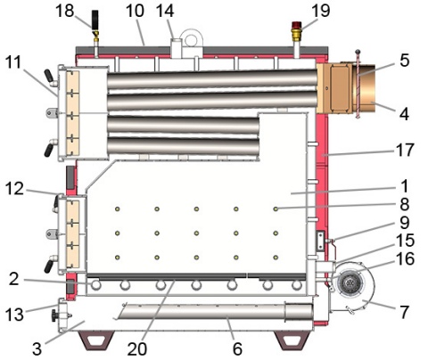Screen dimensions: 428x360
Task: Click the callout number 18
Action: [x=65, y=11]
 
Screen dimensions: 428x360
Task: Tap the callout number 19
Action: [x=321, y=11]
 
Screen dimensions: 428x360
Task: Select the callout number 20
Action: [x=137, y=348]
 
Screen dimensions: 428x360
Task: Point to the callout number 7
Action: [x=405, y=312]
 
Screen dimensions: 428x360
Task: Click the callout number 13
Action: [x=14, y=315]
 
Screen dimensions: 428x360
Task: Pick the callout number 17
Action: [x=405, y=150]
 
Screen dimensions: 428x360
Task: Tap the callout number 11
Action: [x=13, y=62]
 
